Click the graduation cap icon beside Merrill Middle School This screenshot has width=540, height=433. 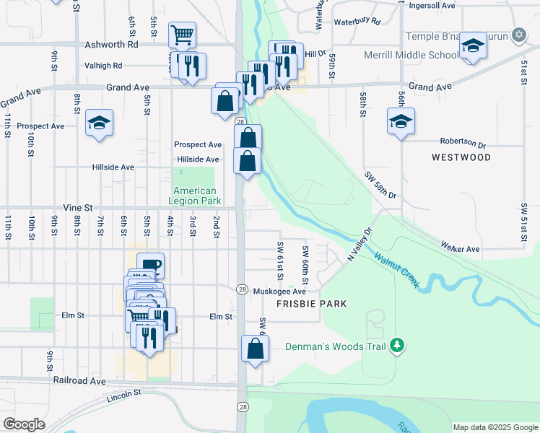473,46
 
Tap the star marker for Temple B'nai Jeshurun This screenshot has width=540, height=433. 518,35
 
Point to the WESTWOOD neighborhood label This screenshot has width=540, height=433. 461,157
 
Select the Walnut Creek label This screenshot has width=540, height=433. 396,270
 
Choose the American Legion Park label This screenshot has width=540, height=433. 193,196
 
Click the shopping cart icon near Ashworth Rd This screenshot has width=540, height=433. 183,35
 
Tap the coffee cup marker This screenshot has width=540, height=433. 150,265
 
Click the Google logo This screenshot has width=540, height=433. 24,424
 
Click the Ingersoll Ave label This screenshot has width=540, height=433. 428,5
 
